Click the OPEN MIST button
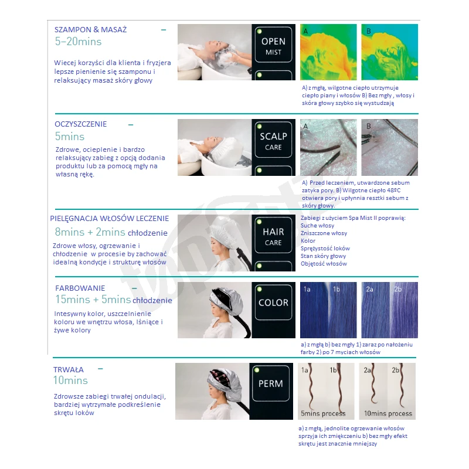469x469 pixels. pos(273,45)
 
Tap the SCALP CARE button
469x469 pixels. pos(273,140)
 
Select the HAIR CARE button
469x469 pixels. pos(273,235)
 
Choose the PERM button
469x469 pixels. pos(271,383)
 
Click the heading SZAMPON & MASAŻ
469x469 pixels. pos(91,30)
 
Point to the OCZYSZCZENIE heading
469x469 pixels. pos(80,124)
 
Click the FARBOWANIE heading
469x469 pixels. pos(80,288)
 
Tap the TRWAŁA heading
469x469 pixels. pos(69,370)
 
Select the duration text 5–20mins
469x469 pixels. pos(78,41)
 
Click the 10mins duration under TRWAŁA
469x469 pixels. pos(70,380)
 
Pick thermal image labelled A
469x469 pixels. pos(328,52)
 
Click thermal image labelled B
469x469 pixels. pos(389,52)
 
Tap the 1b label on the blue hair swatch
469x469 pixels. pos(337,289)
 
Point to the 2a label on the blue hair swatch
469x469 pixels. pos(369,289)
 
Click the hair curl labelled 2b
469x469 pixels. pos(402,386)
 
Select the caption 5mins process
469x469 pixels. pos(323,413)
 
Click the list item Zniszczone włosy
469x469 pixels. pos(324,233)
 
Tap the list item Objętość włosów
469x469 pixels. pos(324,263)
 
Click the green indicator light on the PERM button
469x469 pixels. pos(256,370)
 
